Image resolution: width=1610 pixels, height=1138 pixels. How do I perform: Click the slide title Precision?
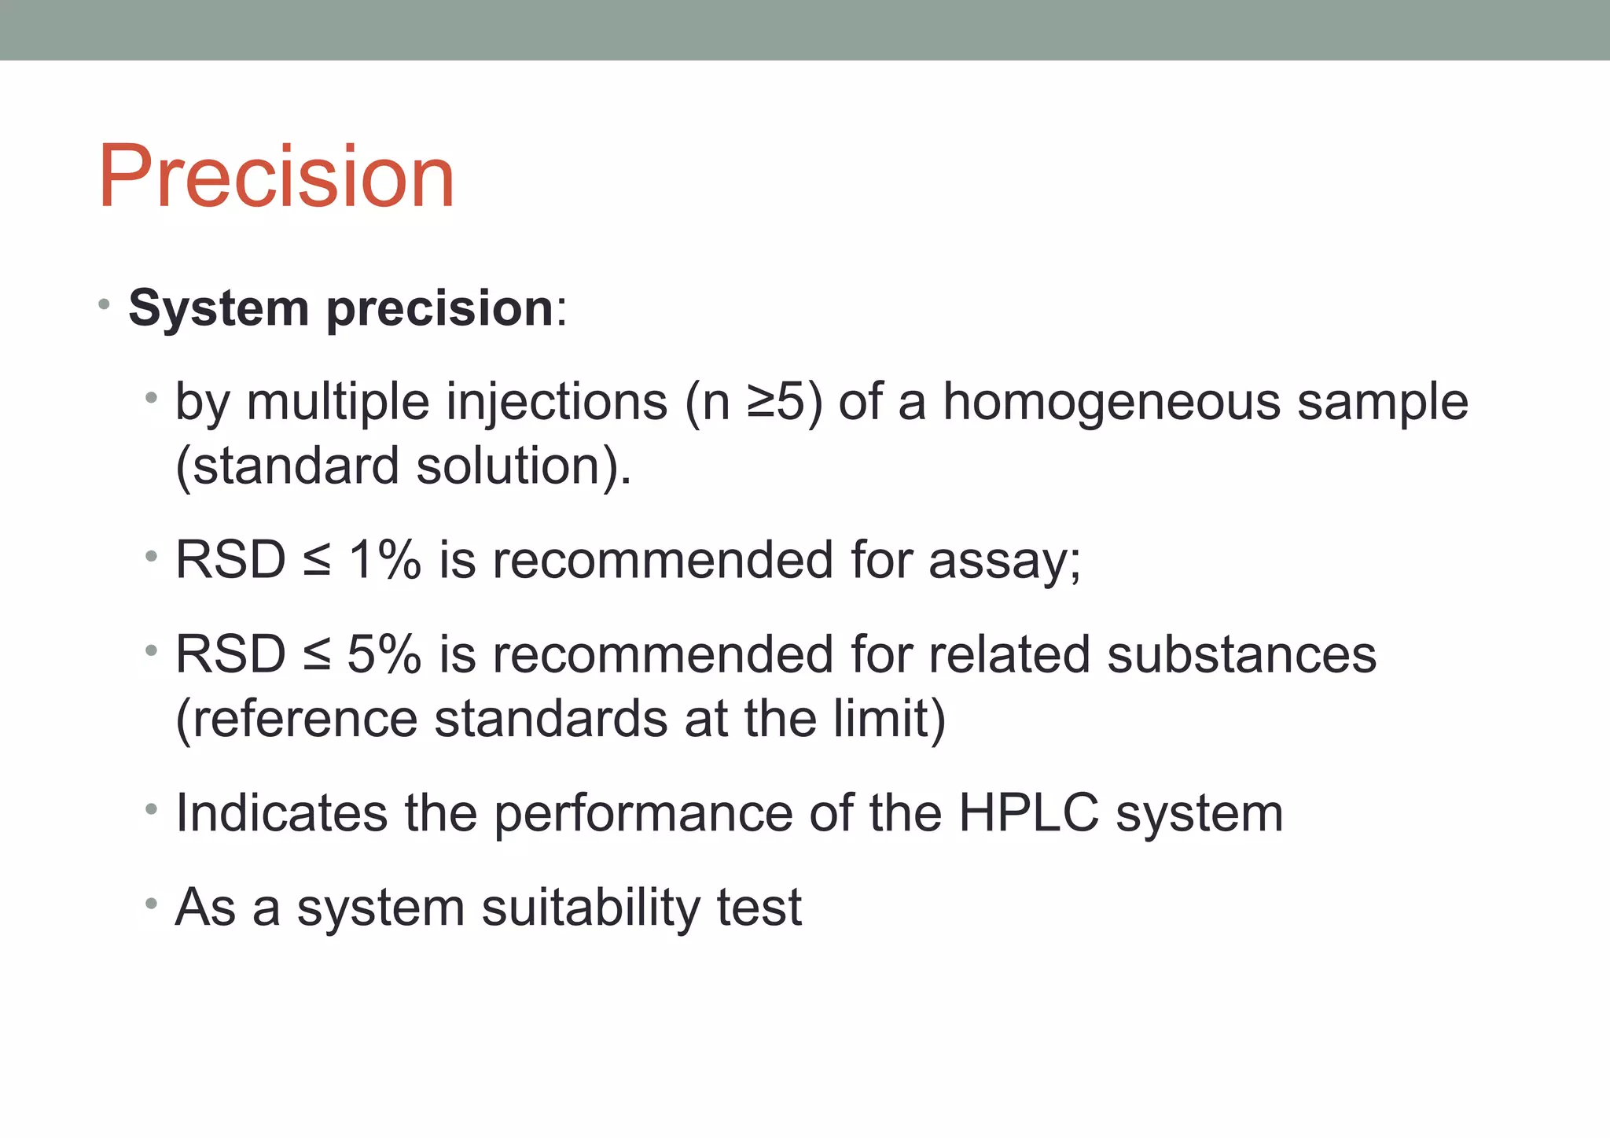click(x=277, y=177)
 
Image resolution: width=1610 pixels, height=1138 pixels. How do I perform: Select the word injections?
click(x=557, y=402)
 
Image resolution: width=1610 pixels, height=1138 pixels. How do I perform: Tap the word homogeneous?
click(x=1111, y=402)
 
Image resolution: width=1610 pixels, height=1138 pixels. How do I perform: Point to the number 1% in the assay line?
click(x=384, y=561)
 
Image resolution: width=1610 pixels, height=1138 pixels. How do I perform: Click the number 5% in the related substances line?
click(x=384, y=655)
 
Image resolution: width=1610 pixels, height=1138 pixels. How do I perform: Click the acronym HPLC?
click(x=1028, y=813)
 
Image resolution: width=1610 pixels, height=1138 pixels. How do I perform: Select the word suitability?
click(x=590, y=908)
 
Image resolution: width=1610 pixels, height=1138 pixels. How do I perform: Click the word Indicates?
click(x=281, y=813)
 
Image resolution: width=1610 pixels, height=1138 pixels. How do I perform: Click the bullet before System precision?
click(x=104, y=304)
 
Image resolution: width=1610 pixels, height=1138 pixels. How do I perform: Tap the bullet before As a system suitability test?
click(x=151, y=904)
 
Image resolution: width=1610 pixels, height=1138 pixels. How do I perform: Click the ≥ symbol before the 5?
click(x=761, y=402)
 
